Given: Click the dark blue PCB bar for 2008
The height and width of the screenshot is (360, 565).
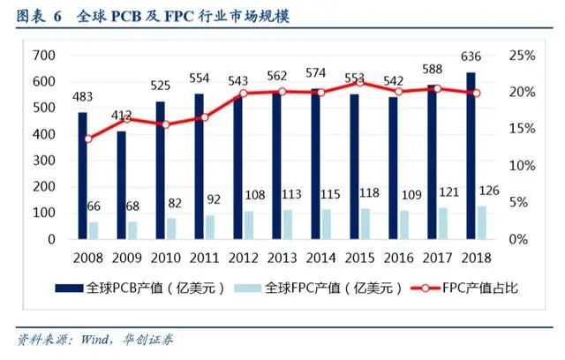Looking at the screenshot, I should (x=82, y=176).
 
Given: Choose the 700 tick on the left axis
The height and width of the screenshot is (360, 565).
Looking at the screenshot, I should (x=43, y=56).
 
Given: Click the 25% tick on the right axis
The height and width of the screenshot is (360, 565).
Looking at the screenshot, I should (x=523, y=56).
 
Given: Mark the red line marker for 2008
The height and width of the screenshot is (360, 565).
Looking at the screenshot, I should (x=88, y=139).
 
